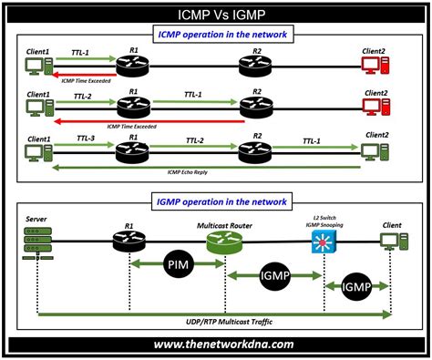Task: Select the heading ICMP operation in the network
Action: pyautogui.click(x=216, y=36)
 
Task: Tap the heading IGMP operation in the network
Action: pyautogui.click(x=216, y=201)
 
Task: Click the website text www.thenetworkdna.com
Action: pyautogui.click(x=216, y=345)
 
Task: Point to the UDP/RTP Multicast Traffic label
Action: pyautogui.click(x=216, y=324)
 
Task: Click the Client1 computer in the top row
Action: pyautogui.click(x=38, y=66)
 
